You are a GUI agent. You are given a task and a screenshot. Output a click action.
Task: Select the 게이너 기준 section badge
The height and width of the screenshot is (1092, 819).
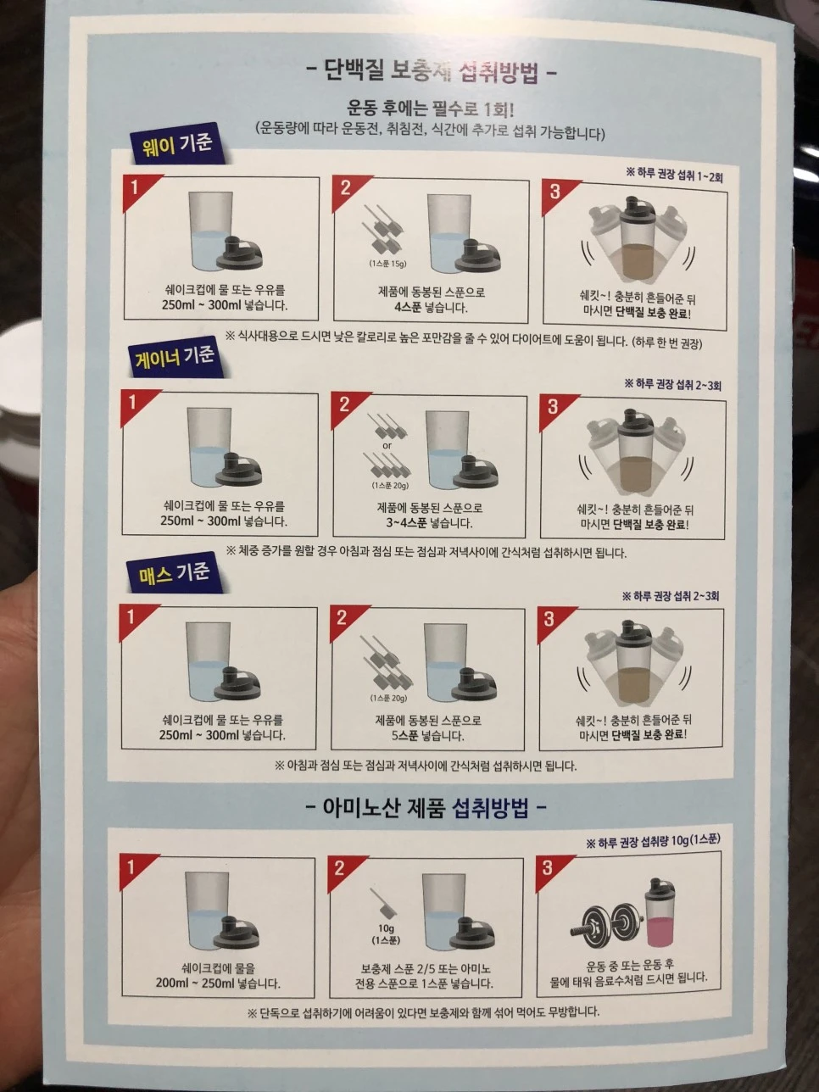[x=175, y=357]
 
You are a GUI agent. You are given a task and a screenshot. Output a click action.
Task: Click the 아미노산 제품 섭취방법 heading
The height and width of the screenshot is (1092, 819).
[x=426, y=808]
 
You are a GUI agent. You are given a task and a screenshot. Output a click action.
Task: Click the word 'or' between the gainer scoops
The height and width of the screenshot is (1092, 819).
[x=387, y=446]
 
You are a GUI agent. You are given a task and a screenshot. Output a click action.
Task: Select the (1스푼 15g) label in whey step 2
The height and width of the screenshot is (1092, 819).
[x=387, y=263]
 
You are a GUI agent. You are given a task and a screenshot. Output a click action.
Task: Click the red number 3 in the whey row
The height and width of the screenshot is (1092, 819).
[x=554, y=192]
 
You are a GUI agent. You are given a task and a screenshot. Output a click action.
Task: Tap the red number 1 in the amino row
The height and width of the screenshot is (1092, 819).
[x=131, y=867]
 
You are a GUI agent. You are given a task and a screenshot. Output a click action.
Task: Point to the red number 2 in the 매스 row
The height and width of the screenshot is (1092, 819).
[x=341, y=618]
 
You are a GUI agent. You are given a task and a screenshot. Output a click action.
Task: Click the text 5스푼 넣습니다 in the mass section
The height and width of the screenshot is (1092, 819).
[x=427, y=735]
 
